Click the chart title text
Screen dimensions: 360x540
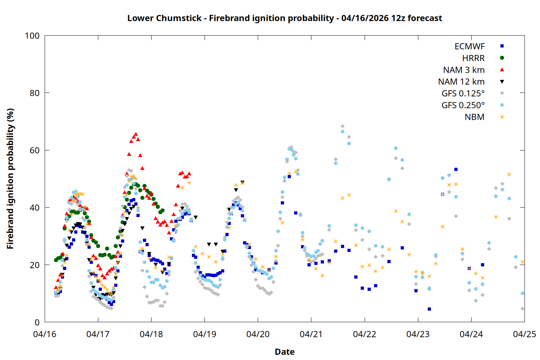[x=284, y=18]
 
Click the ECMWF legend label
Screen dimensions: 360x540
[x=469, y=46]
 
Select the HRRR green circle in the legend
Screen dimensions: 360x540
[x=502, y=58]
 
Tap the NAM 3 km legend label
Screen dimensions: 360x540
[x=464, y=70]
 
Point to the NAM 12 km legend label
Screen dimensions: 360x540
[x=461, y=82]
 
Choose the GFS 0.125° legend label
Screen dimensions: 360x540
[x=463, y=94]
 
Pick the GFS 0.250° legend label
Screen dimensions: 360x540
[x=463, y=105]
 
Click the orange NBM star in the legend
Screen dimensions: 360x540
[x=502, y=117]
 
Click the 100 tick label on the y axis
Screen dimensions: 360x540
[x=32, y=36]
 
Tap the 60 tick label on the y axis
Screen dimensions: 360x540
[x=35, y=150]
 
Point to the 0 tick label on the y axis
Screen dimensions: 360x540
[x=37, y=322]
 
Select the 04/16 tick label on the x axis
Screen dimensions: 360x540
[x=45, y=334]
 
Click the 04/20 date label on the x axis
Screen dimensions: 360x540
[x=258, y=334]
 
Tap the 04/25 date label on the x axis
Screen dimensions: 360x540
[x=524, y=334]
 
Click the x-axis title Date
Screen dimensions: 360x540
[x=284, y=352]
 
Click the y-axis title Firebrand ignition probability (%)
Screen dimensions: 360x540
[x=10, y=179]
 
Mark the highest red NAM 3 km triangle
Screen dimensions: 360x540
[x=136, y=134]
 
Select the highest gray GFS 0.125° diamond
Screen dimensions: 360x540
[x=342, y=126]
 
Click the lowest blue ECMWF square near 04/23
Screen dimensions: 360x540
[x=429, y=309]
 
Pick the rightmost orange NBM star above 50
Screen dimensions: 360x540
[x=509, y=174]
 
